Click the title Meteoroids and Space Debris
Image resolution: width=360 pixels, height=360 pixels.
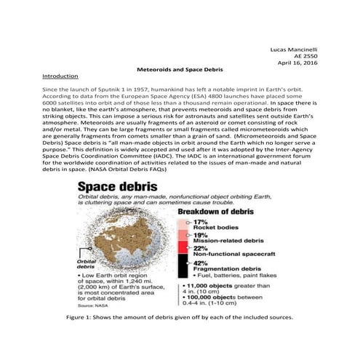(179, 75)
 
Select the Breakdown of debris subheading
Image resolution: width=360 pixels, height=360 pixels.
(220, 211)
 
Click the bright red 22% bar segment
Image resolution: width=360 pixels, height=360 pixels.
(182, 250)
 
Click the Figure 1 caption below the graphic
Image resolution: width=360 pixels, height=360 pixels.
(179, 318)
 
